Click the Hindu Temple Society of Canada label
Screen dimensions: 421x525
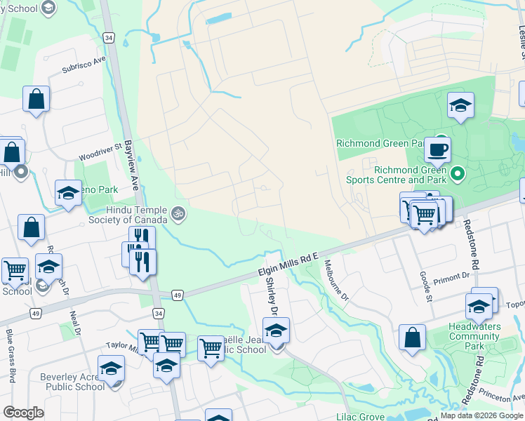point(136,215)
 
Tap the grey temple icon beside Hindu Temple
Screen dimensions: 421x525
point(178,213)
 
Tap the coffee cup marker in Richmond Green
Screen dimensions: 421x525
point(437,149)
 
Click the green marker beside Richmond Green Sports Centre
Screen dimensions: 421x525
point(458,173)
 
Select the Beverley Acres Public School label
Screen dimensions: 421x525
point(72,382)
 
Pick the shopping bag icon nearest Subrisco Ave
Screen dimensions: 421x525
point(36,100)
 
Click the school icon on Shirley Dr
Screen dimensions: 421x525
point(276,330)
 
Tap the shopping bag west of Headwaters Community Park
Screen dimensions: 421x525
point(412,337)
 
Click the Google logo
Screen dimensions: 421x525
point(23,413)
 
